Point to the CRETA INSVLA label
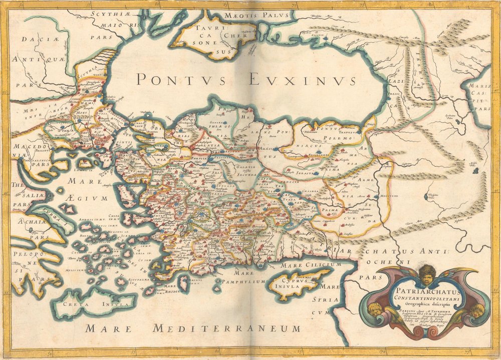tap(95, 304)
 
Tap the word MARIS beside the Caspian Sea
tap(479, 87)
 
